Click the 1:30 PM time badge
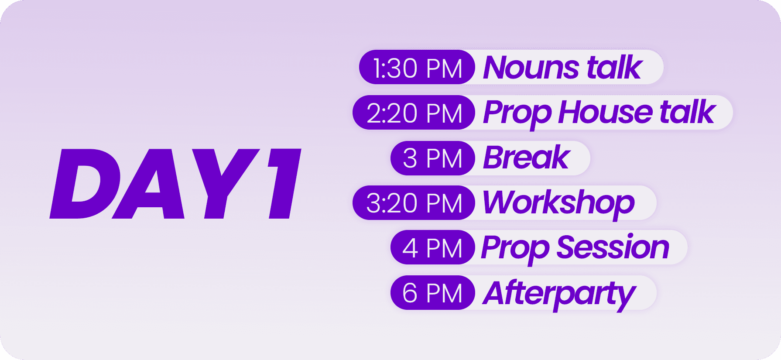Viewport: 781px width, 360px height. point(417,67)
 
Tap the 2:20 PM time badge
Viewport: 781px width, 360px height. point(414,113)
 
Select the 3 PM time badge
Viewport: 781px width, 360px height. point(433,158)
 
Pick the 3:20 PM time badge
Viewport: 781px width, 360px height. point(414,203)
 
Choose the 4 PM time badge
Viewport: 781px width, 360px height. point(433,247)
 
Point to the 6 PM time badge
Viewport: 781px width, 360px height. point(433,293)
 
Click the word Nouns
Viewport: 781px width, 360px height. point(531,68)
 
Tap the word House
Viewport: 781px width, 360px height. point(606,113)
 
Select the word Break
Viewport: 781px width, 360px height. point(527,158)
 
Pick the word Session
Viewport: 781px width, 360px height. point(613,247)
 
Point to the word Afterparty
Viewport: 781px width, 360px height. point(559,295)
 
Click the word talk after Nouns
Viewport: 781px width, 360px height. point(615,68)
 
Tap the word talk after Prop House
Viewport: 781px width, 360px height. point(688,112)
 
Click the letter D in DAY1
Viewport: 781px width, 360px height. point(85,184)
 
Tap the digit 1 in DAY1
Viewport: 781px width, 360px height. point(283,184)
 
